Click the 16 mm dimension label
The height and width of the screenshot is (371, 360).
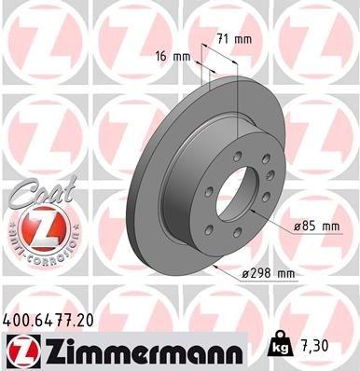click(174, 57)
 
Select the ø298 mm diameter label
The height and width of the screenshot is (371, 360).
click(268, 272)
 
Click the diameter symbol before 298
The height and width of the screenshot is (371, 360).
click(244, 272)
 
